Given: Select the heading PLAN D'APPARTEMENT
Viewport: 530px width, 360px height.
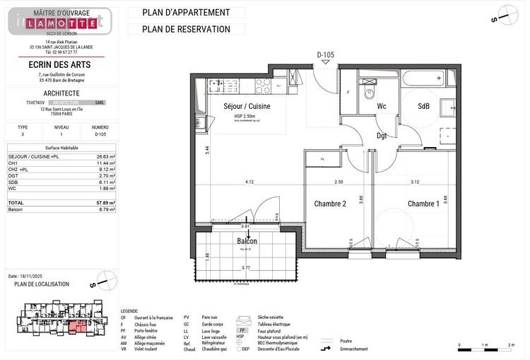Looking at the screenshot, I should (186, 12).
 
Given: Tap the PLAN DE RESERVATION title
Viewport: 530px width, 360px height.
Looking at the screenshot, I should (186, 29).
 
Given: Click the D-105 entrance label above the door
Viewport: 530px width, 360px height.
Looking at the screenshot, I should (325, 54).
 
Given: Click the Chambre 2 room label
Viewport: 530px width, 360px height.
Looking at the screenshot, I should (329, 204).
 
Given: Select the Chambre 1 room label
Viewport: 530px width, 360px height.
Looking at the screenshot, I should (423, 204).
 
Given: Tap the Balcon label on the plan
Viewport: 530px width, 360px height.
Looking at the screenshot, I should (247, 241).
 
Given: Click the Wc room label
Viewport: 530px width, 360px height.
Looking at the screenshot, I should (381, 107).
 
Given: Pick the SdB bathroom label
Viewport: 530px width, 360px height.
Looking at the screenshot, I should (423, 107).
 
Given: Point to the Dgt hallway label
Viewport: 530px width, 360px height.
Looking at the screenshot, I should (382, 136).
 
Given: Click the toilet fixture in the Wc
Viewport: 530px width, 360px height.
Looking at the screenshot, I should (368, 93).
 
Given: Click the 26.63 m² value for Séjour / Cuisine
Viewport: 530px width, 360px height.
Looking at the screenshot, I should (106, 156).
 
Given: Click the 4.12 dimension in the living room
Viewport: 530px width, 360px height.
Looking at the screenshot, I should (249, 182).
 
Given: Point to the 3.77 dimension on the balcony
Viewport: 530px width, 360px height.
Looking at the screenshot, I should (245, 268).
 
